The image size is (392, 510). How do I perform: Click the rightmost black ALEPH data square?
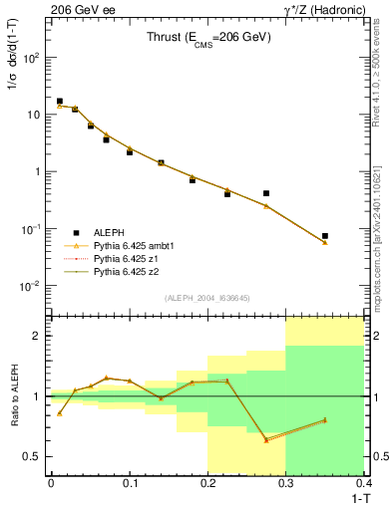coord(325,236)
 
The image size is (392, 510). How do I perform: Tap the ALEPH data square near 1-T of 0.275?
coord(266,193)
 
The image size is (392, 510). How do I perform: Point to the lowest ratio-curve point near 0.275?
coord(266,440)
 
